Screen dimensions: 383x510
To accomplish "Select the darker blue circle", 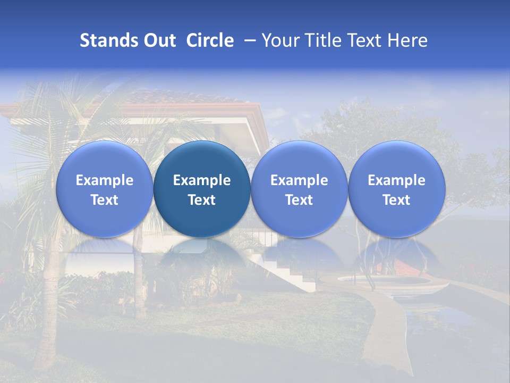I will [202, 189].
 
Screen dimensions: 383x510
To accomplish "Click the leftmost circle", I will [105, 189].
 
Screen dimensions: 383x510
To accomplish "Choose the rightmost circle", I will [396, 189].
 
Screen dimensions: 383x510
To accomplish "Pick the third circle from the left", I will [299, 189].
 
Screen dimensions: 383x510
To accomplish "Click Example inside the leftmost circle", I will [105, 180].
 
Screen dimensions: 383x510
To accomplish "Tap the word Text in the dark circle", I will [202, 200].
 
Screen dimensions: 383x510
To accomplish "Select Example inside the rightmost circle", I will [396, 180].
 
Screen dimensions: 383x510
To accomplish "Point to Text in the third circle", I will [299, 200].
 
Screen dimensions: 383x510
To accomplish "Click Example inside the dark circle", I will [202, 180].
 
